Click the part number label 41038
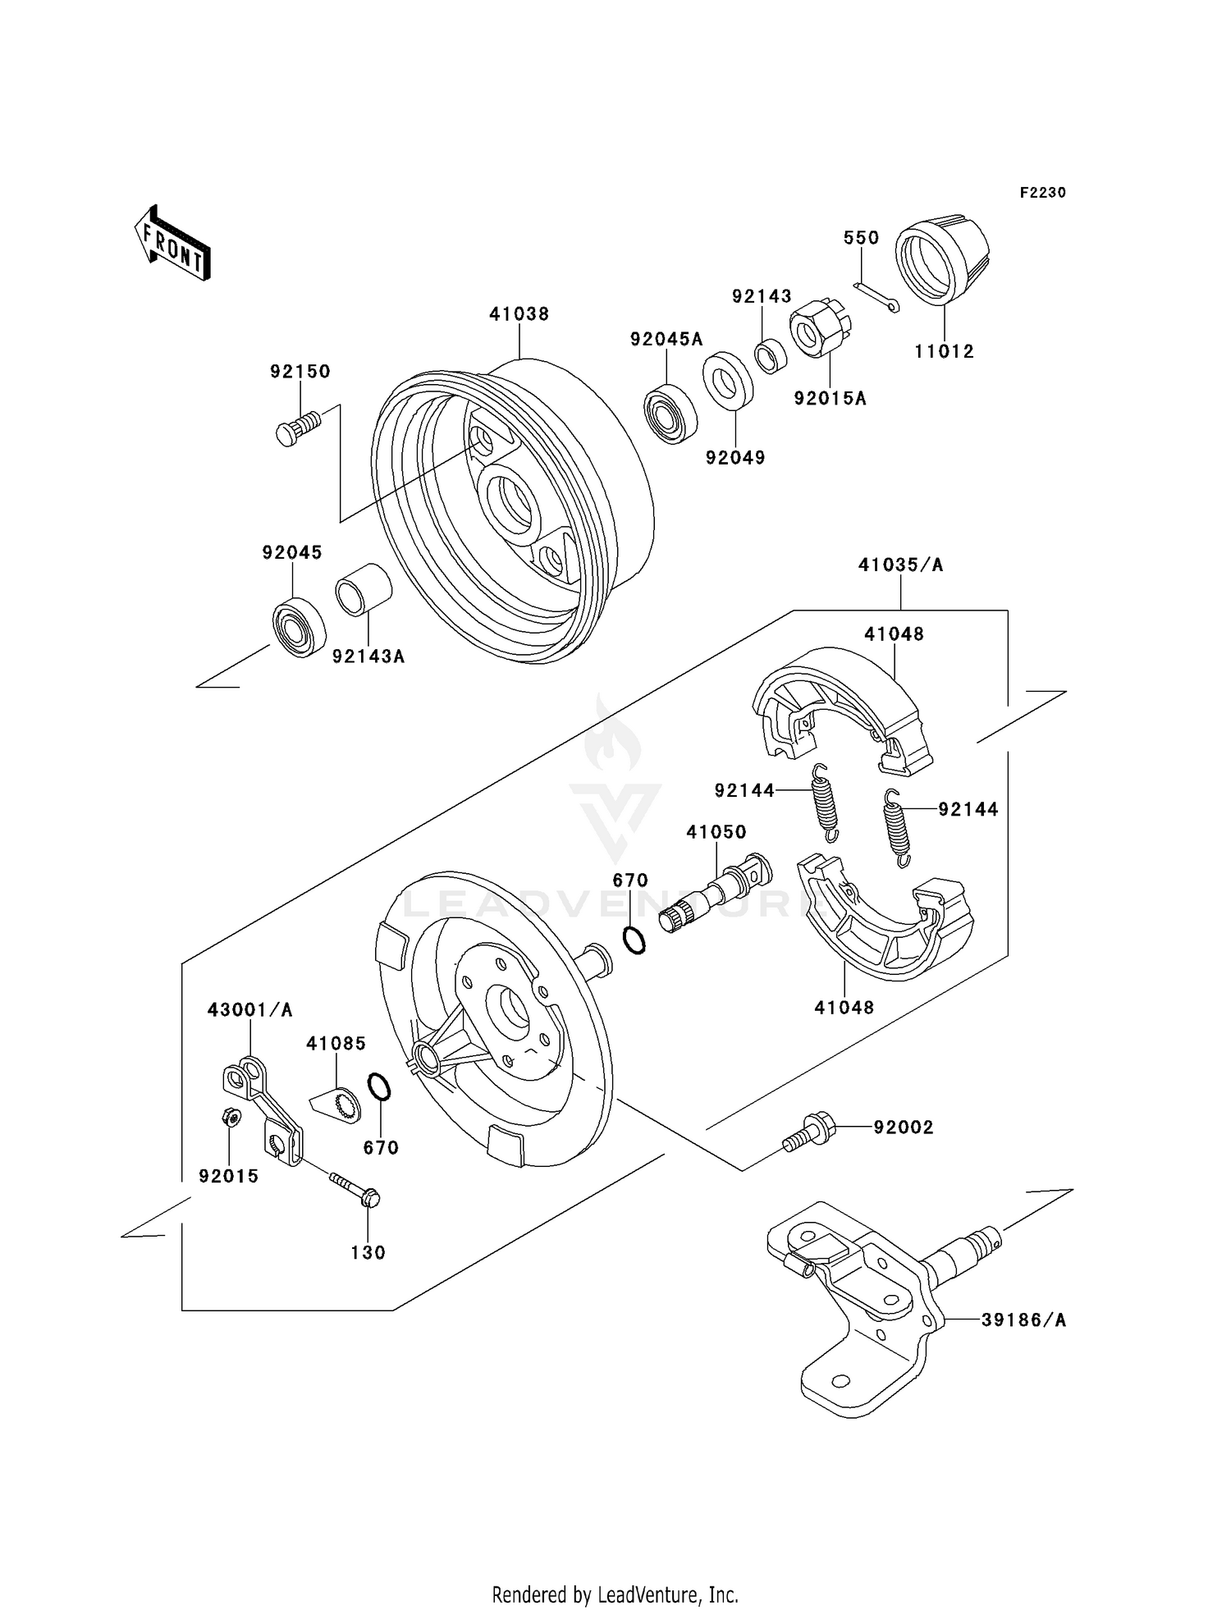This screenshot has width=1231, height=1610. (x=519, y=313)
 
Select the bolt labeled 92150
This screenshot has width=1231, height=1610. (x=297, y=428)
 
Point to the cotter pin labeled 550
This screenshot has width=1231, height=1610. (x=876, y=296)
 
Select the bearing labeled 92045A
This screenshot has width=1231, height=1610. (x=670, y=415)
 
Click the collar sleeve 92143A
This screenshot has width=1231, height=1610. (x=362, y=588)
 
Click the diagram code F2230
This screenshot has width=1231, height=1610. (x=1042, y=193)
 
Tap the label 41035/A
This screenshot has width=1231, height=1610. (x=900, y=565)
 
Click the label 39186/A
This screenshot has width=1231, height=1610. (x=1023, y=1320)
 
